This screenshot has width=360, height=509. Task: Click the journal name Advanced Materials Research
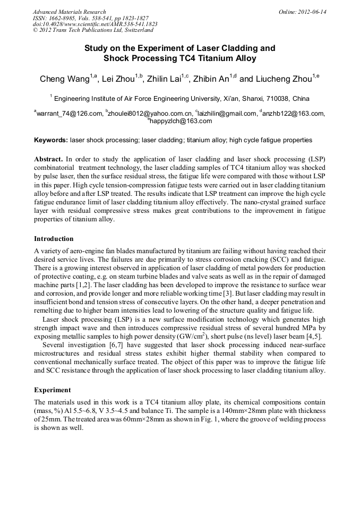[69, 12]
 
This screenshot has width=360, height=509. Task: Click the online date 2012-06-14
[312, 12]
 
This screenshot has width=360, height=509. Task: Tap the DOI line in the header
[95, 24]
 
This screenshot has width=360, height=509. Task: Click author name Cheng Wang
[64, 80]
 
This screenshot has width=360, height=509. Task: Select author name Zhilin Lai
[160, 80]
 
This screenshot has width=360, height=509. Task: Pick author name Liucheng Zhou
[286, 80]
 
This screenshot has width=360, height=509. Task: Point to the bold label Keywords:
[51, 140]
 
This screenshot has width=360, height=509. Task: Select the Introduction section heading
[54, 239]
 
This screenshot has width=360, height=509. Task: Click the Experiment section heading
[52, 390]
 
